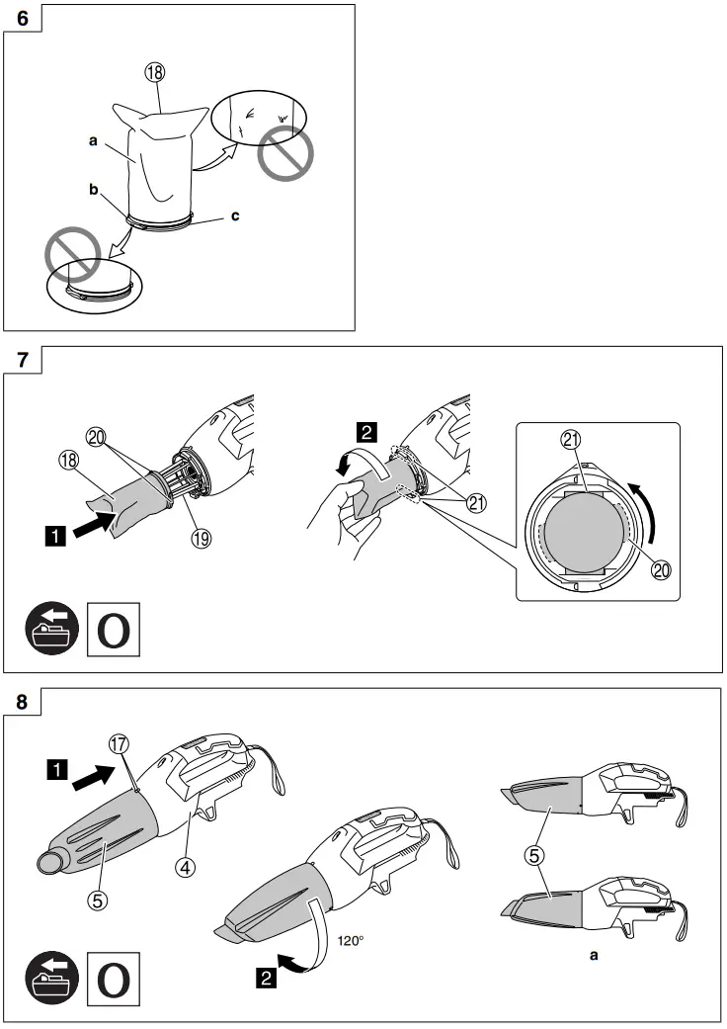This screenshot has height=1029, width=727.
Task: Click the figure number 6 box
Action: (21, 20)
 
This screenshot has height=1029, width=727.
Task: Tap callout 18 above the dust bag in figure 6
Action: (156, 72)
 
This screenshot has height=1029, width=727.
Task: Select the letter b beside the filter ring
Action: (94, 191)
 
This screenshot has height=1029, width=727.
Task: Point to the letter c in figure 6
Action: (235, 214)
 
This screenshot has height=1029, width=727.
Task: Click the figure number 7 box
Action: (21, 362)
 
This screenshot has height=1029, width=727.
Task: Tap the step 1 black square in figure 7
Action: (57, 540)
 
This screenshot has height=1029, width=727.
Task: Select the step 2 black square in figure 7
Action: (365, 430)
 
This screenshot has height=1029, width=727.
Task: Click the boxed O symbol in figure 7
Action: (114, 630)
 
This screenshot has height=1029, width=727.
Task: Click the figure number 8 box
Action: (21, 704)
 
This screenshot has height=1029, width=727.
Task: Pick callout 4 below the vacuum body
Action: (184, 867)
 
